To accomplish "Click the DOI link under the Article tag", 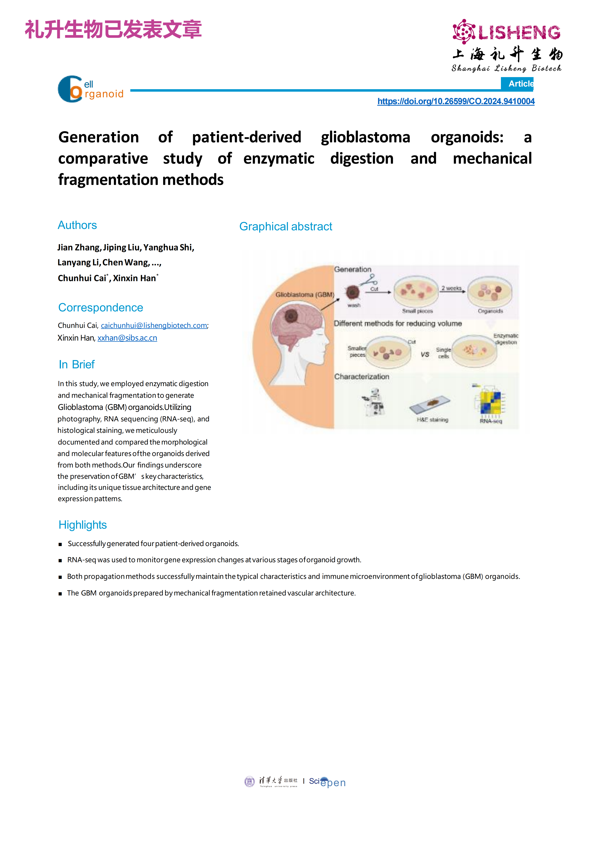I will point(456,101).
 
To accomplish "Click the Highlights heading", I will point(82,525).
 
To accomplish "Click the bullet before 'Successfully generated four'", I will point(60,544).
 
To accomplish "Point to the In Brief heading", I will point(77,365).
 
